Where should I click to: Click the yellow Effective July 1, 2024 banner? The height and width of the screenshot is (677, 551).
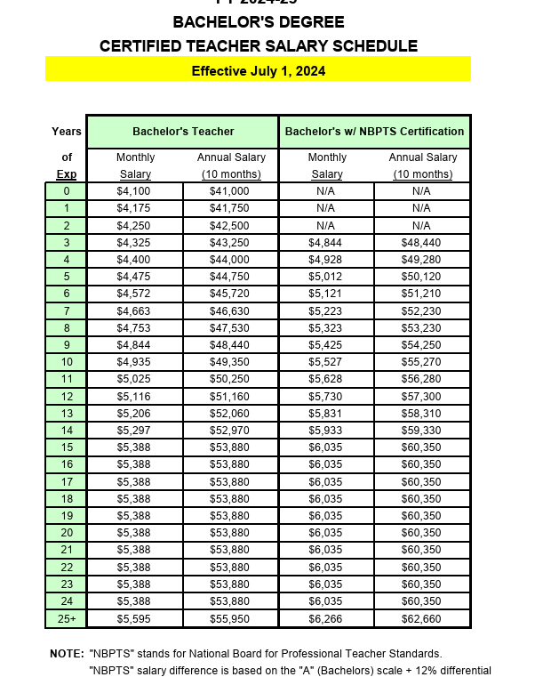(x=258, y=70)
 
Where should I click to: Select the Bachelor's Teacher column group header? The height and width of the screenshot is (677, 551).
(x=182, y=131)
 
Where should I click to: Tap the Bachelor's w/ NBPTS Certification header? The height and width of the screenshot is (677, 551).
(x=374, y=131)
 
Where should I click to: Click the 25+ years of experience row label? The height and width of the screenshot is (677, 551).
(x=66, y=618)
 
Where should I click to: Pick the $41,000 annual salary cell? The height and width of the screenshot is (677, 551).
(x=229, y=191)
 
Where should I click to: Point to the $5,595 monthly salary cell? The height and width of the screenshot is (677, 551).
(x=134, y=618)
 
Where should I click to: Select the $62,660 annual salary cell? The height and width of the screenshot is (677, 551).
(x=421, y=618)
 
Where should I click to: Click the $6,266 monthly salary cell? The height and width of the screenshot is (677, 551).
(x=325, y=618)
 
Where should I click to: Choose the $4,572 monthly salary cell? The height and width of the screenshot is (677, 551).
(x=134, y=294)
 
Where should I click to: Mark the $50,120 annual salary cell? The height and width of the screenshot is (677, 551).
(x=421, y=277)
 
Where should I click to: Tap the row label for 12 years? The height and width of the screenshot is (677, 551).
(x=66, y=396)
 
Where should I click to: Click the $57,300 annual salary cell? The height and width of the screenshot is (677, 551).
(x=421, y=396)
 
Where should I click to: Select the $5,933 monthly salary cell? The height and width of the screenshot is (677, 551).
(x=325, y=431)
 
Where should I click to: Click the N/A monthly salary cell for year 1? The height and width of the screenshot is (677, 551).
(x=325, y=208)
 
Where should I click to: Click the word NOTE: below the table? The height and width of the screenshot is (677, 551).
(x=66, y=654)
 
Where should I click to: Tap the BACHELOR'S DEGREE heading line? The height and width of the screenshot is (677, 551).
(x=258, y=22)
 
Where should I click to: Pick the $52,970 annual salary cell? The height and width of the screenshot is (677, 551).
(x=229, y=431)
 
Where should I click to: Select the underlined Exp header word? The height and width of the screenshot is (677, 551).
(x=66, y=174)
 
